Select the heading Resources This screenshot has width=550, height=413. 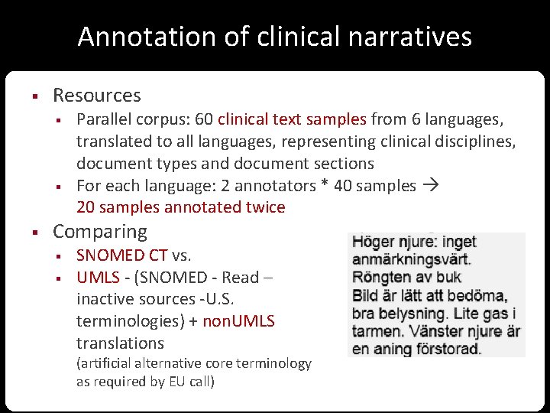96,96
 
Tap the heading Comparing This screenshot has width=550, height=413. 99,231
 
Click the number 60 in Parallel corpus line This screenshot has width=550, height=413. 204,119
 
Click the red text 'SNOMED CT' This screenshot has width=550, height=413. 121,255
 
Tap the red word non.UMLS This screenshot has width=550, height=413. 238,321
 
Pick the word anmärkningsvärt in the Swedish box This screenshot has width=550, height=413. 411,259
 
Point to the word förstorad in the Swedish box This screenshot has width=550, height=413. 446,349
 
